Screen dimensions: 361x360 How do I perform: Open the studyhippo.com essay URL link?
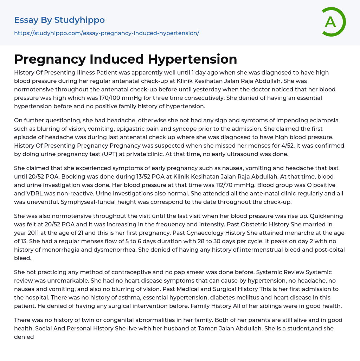point(107,33)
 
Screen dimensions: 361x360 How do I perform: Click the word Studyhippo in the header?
point(79,20)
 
